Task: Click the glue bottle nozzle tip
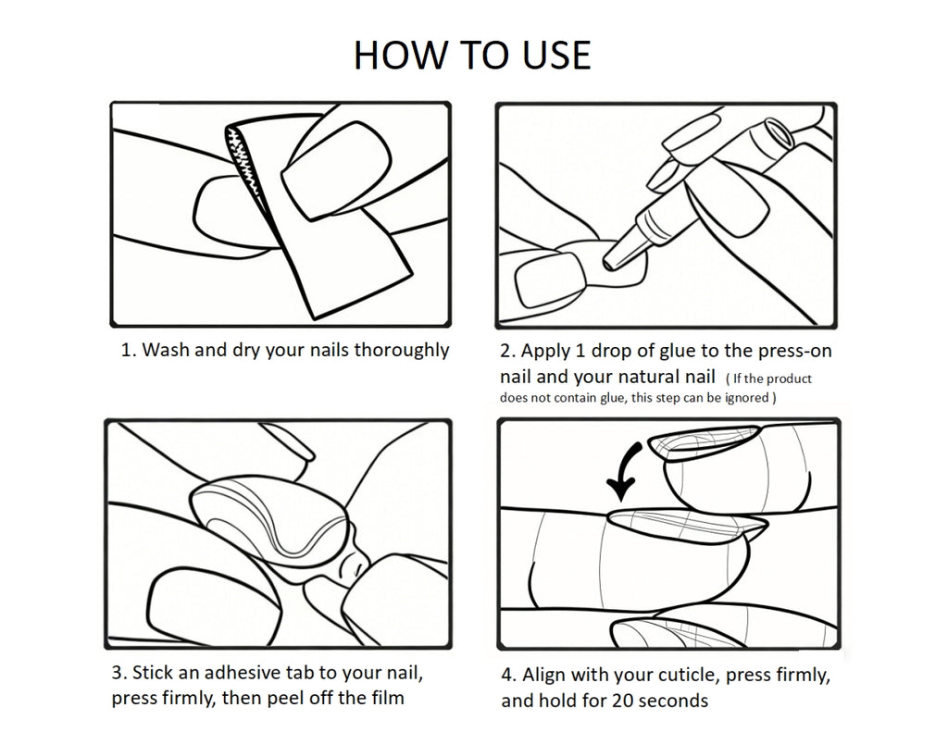[606, 263]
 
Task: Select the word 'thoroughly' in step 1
[401, 351]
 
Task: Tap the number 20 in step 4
[622, 701]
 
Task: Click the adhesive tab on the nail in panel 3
[272, 519]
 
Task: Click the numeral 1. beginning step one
[129, 351]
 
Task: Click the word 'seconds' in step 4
[673, 701]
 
